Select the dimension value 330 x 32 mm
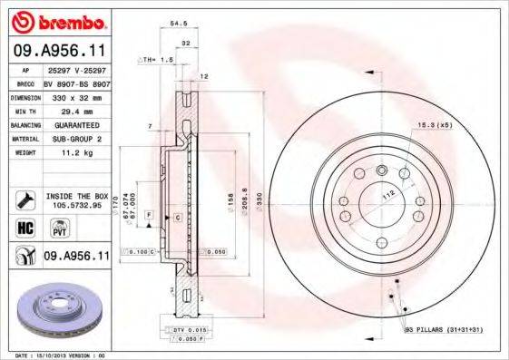click(x=75, y=95)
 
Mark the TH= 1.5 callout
click(x=155, y=59)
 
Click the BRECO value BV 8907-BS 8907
click(x=75, y=82)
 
